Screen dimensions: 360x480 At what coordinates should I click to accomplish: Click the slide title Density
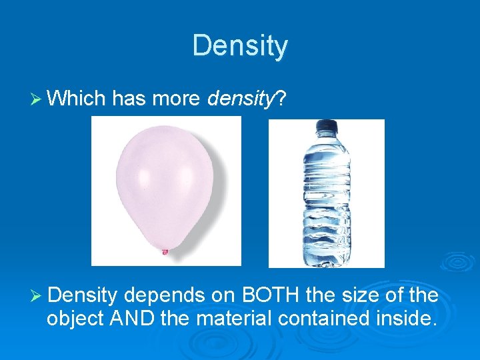(240, 46)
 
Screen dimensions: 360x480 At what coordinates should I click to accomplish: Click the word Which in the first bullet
(77, 99)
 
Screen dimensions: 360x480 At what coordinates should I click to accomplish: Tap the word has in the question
(129, 99)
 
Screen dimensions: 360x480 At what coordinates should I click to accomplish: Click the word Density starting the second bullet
(83, 295)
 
